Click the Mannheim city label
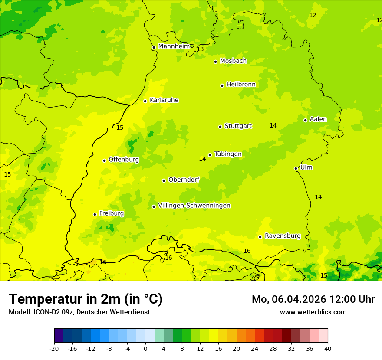pos(174,46)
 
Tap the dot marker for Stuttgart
pos(220,127)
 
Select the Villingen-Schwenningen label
pos(194,206)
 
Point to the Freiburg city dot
pos(95,214)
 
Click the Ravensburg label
pos(283,236)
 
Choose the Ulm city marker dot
pos(296,168)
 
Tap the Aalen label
pos(318,119)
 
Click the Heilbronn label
pos(241,85)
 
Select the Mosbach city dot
pos(215,62)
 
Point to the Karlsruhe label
pos(164,100)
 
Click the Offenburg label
pos(124,160)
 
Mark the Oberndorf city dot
pos(164,180)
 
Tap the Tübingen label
pos(228,154)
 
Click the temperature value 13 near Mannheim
pos(200,49)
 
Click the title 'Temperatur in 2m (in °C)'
pos(86,299)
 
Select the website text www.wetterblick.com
pos(313,312)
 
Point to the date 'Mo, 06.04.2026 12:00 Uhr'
pos(313,299)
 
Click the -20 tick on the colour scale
pos(54,348)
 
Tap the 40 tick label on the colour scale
pos(327,348)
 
